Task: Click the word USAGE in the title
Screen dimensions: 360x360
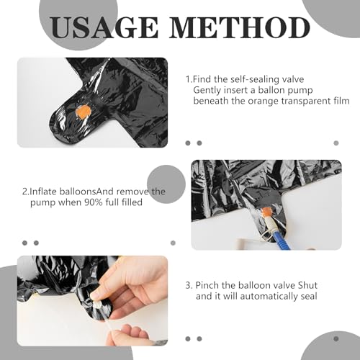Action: pyautogui.click(x=104, y=27)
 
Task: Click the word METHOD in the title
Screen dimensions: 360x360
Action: pyautogui.click(x=240, y=27)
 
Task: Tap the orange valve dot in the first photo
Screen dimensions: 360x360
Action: pyautogui.click(x=84, y=112)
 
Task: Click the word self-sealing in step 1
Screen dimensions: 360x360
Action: pyautogui.click(x=255, y=79)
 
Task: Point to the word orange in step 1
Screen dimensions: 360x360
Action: pyautogui.click(x=263, y=102)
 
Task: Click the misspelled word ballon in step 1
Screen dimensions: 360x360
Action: pyautogui.click(x=271, y=90)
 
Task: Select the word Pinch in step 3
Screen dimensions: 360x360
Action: pyautogui.click(x=207, y=285)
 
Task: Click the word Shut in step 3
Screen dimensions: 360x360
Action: pyautogui.click(x=307, y=285)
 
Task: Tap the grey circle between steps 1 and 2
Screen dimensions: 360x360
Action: pyautogui.click(x=166, y=184)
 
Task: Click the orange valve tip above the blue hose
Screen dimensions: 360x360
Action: pyautogui.click(x=266, y=212)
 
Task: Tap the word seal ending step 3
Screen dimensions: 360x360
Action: pyautogui.click(x=309, y=297)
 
